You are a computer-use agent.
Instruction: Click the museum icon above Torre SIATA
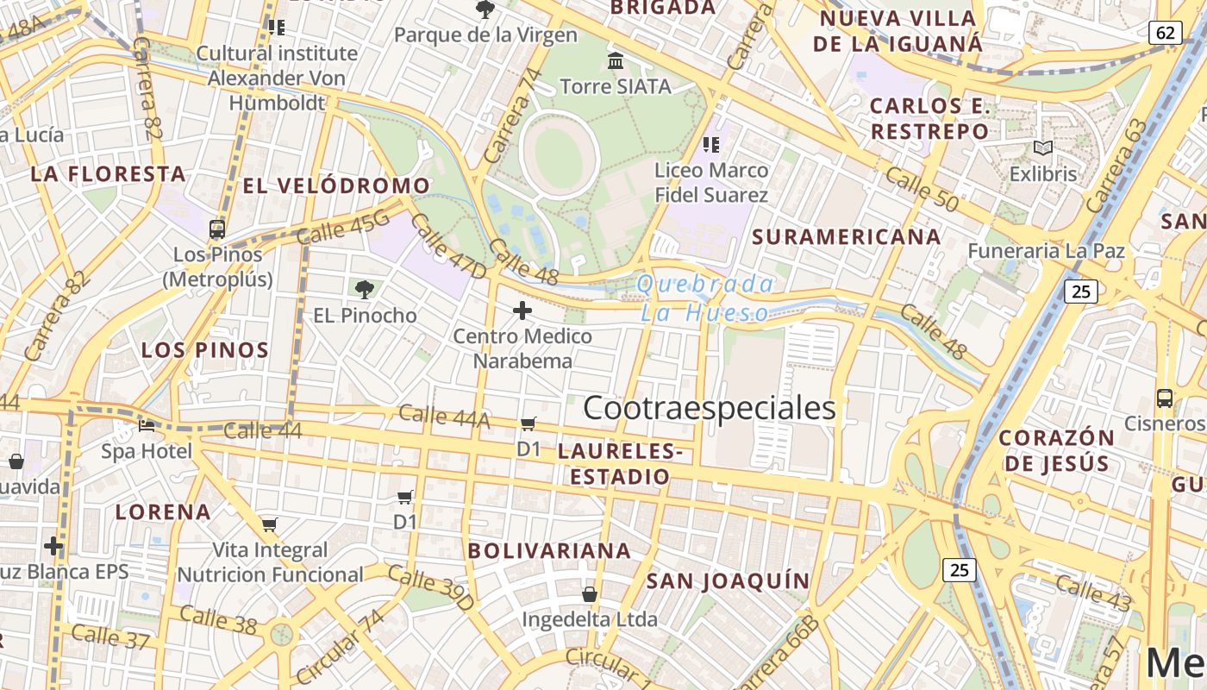616,61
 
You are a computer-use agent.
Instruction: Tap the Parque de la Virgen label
485,34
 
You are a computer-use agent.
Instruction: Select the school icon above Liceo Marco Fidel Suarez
711,144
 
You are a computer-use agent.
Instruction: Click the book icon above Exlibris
1043,148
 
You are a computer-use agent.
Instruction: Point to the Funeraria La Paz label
1046,251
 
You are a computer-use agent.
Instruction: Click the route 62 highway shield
1165,33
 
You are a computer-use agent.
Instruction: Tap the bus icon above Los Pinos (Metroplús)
217,229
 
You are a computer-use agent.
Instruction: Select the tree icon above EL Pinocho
365,290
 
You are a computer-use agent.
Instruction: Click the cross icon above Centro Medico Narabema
522,310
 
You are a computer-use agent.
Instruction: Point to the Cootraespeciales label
710,408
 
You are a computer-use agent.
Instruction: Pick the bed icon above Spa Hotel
147,425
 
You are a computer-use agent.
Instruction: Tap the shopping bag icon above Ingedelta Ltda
590,594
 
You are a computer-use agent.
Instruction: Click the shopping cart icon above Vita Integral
270,524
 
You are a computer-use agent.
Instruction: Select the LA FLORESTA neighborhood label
109,173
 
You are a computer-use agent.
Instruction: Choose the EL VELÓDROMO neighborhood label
336,185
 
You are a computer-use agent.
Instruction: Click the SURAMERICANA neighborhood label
846,235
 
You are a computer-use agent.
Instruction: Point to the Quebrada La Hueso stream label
705,298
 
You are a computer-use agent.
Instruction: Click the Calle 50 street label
922,189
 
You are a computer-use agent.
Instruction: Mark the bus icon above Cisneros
1164,398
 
